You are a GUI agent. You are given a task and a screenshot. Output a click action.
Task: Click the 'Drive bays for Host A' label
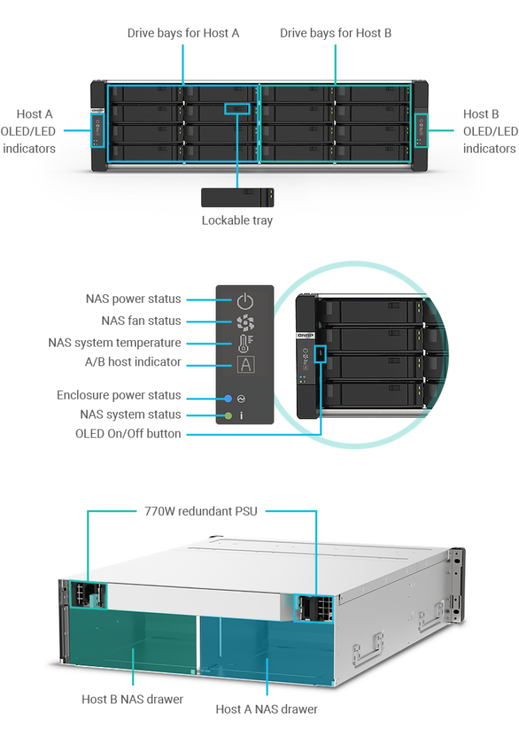point(183,33)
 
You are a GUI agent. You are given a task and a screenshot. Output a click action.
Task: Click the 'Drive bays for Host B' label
point(335,33)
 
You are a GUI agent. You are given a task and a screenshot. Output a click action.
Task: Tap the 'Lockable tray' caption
point(237,220)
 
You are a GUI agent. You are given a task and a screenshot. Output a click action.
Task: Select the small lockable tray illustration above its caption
point(237,197)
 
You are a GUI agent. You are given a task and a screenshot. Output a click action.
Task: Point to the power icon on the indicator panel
point(245,300)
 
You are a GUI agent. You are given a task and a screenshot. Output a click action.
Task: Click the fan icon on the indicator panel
point(245,321)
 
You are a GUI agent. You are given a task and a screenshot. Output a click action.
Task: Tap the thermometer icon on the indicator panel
point(245,342)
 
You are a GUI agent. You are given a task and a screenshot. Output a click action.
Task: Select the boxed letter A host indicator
point(245,363)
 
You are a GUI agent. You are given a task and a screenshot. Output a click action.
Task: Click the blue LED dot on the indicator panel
point(228,398)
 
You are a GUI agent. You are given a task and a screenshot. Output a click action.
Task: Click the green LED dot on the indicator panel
point(228,416)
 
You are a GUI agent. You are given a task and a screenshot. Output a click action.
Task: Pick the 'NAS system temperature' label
point(115,342)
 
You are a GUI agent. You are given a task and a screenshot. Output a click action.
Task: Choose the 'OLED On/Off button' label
point(128,434)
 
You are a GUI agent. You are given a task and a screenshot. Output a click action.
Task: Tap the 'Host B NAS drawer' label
point(133,700)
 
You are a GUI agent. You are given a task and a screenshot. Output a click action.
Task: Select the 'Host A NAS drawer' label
point(266,708)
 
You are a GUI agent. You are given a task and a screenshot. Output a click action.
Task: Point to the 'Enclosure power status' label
point(118,396)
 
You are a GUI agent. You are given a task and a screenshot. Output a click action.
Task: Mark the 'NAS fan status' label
point(141,320)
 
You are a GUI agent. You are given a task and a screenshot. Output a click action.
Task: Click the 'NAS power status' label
point(133,299)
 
